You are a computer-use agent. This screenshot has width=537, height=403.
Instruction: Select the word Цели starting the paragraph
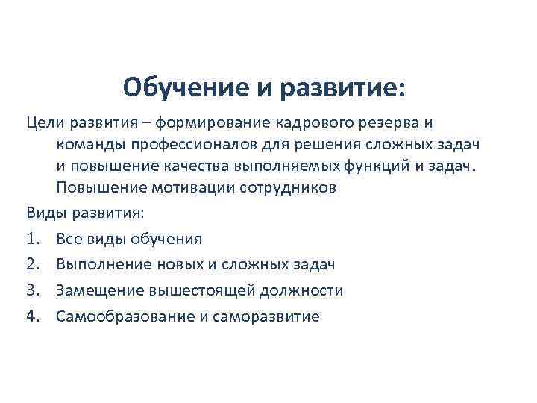coord(42,122)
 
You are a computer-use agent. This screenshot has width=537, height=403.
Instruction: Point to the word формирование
coord(205,122)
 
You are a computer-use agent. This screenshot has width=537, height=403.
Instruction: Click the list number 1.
coord(33,239)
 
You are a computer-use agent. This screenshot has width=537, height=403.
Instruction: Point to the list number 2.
coord(33,264)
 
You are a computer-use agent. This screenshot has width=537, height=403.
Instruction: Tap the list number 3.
coord(33,290)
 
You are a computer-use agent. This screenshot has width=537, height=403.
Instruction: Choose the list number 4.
coord(33,316)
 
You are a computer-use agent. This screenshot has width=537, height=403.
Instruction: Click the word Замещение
coord(95,290)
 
